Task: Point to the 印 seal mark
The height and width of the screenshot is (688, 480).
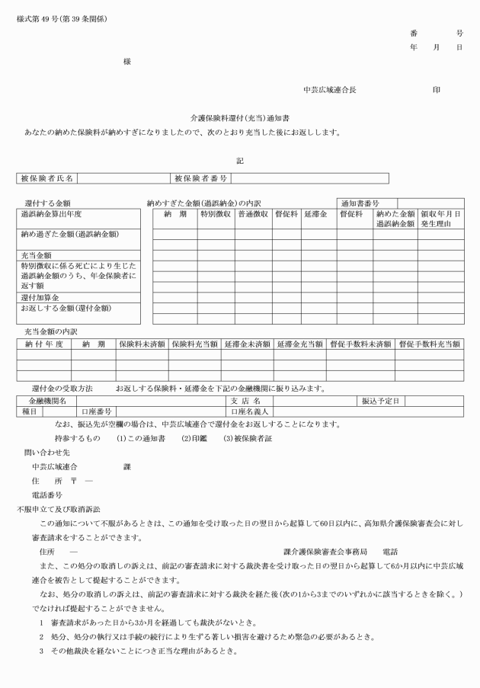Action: (437, 90)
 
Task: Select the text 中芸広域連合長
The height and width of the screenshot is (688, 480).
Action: (328, 90)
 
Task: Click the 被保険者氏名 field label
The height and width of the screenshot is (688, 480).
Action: (46, 179)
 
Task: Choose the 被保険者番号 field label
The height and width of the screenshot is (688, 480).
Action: (201, 179)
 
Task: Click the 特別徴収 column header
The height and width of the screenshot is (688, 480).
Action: (216, 215)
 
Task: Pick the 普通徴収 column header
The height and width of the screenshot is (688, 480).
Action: (253, 215)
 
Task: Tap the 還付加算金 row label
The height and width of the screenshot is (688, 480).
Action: (40, 297)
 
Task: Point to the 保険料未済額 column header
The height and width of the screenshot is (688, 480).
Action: (141, 344)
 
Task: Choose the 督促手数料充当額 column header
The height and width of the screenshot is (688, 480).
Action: (429, 344)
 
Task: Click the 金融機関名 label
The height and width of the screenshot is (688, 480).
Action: (48, 401)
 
